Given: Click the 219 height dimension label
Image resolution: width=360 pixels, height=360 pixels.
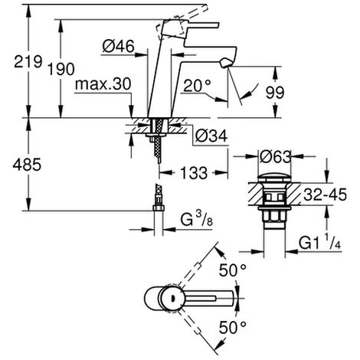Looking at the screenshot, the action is tap(28, 61).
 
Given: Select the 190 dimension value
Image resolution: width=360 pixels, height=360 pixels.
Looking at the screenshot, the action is tap(61, 69).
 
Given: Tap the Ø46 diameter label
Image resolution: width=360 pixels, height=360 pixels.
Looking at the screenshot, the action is tap(118, 46).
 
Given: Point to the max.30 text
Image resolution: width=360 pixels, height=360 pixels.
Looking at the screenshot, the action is tap(103, 84).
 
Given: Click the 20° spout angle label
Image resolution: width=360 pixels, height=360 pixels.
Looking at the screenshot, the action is tap(198, 86).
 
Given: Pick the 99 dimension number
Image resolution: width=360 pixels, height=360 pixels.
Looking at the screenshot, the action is tap(275, 93).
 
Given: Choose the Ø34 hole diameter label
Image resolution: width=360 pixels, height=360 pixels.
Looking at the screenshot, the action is tap(211, 136).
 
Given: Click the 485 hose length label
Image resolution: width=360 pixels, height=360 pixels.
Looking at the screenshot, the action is tap(27, 165).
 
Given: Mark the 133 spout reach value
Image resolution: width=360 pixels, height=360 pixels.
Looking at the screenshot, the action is tap(194, 173).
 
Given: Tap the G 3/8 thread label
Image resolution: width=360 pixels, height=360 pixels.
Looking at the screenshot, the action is tap(197, 220).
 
